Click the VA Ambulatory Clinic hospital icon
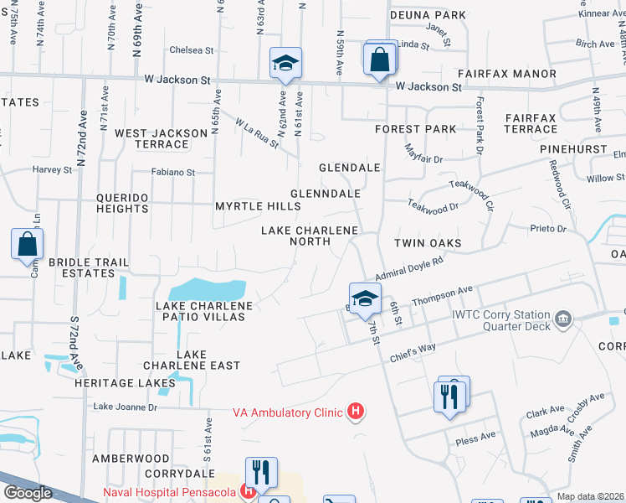[x=357, y=412]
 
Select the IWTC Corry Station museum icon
[x=563, y=319]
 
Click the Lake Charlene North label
[x=310, y=236]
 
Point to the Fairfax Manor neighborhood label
[x=518, y=74]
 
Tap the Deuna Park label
[x=428, y=15]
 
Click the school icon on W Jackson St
[x=285, y=63]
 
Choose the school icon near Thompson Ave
[x=365, y=298]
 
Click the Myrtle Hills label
[x=257, y=206]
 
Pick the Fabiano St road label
[x=172, y=173]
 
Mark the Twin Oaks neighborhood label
[x=428, y=243]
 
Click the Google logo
[x=28, y=493]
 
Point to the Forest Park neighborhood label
[x=416, y=129]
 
